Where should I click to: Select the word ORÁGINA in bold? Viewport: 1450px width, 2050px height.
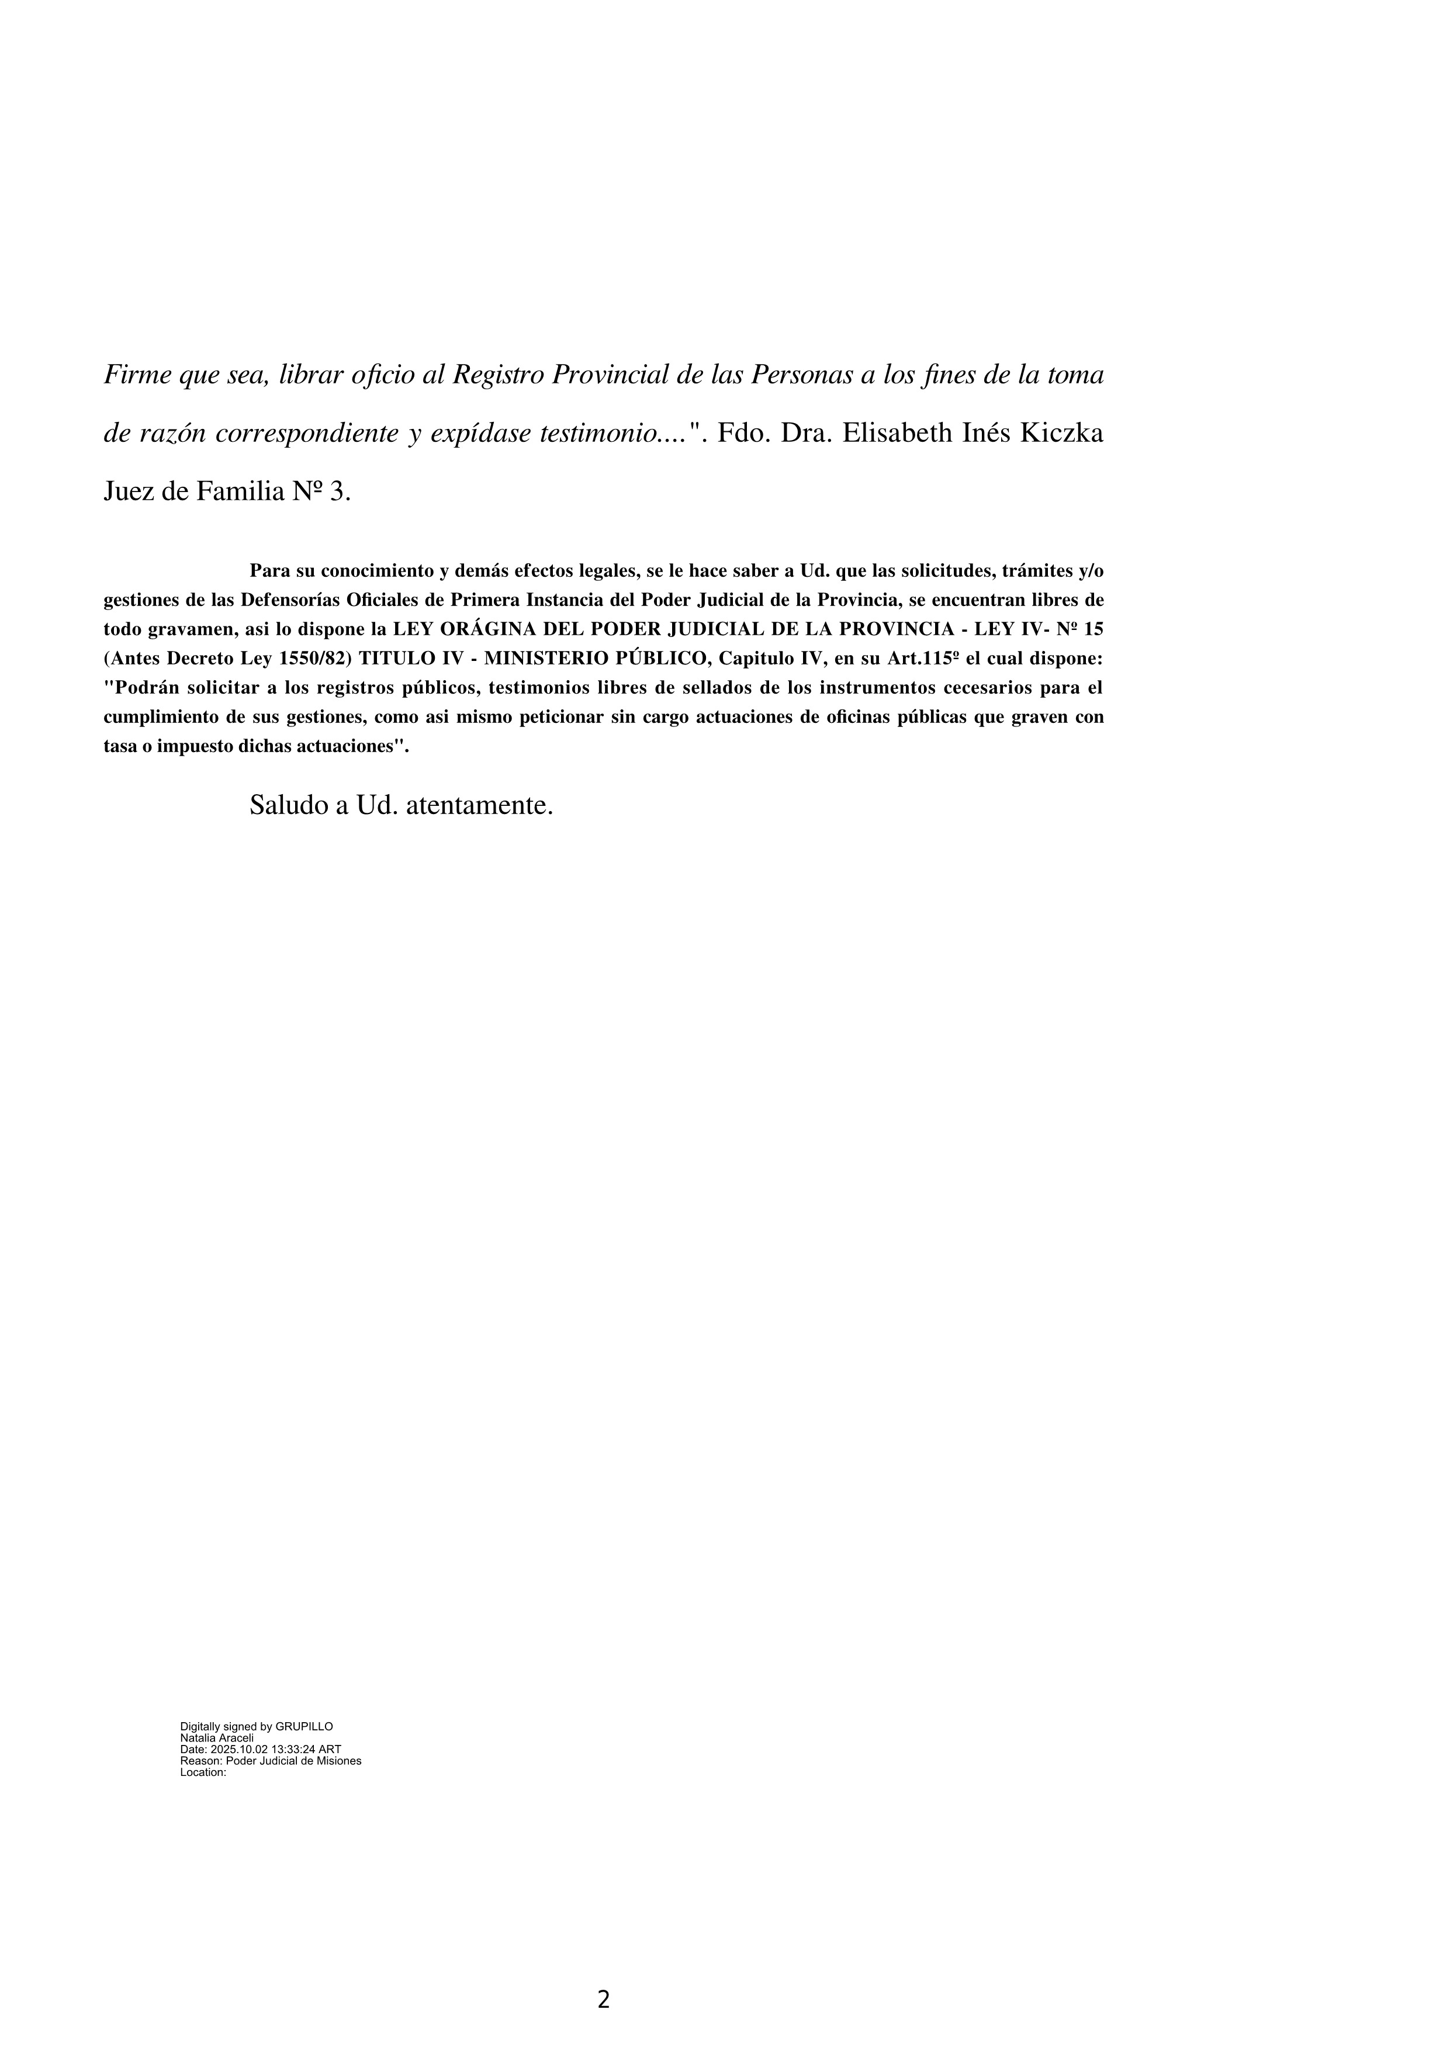point(489,629)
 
